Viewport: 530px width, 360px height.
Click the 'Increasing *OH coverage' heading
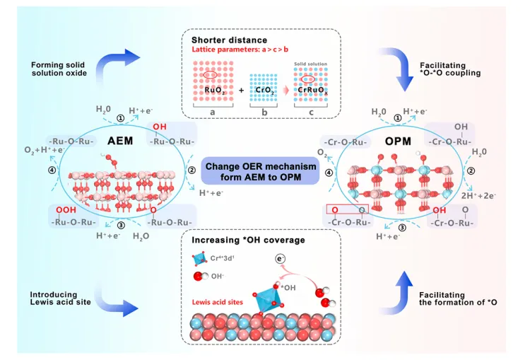pos(245,240)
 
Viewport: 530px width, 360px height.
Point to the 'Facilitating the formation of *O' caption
pos(454,298)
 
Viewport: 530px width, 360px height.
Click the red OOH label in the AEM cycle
pos(65,210)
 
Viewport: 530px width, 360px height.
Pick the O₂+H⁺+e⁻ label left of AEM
pos(42,149)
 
